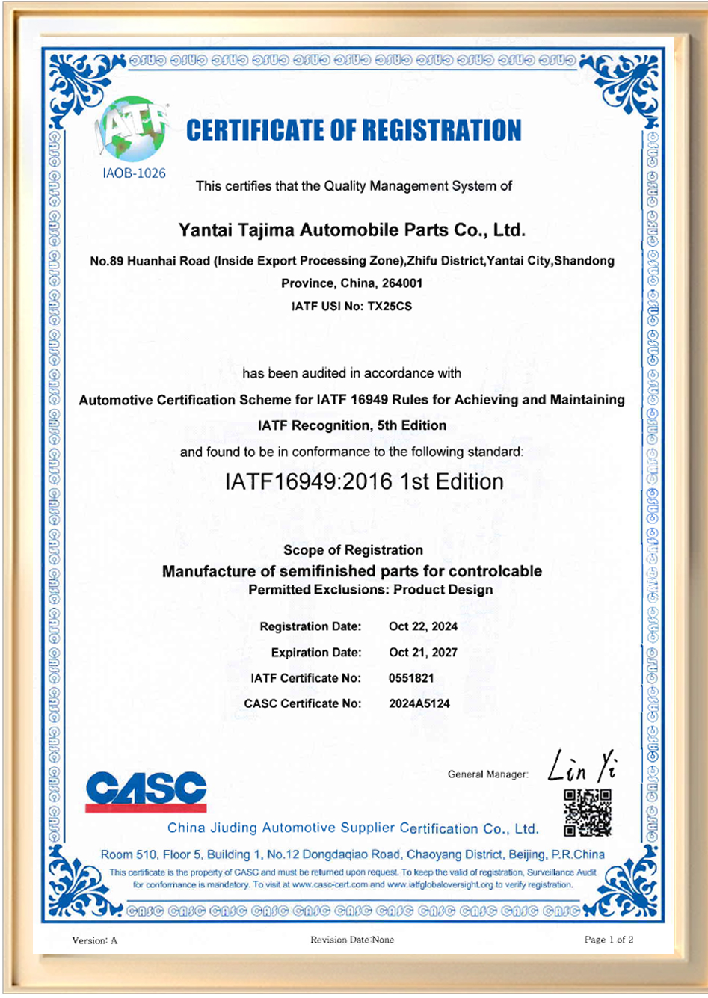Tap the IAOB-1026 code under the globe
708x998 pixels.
click(134, 173)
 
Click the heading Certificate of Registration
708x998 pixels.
click(354, 131)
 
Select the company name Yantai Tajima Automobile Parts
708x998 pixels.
click(351, 230)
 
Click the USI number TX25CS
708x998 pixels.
click(390, 307)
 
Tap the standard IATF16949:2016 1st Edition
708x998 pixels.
click(364, 482)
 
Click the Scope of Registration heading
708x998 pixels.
click(353, 550)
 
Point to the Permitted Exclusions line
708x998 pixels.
click(370, 590)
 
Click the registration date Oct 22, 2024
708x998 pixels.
click(423, 626)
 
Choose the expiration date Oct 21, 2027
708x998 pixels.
click(423, 653)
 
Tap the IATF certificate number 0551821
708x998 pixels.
click(411, 678)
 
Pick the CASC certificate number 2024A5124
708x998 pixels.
click(419, 703)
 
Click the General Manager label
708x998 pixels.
click(487, 774)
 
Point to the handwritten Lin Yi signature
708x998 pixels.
click(582, 766)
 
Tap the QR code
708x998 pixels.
click(588, 813)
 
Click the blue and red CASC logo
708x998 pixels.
click(146, 792)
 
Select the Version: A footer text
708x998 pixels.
click(95, 940)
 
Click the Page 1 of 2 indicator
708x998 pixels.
click(609, 940)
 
